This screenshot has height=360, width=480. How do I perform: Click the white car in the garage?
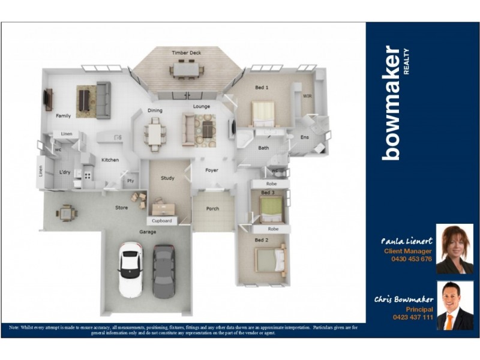[130, 269]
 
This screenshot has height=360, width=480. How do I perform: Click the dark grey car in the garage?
[163, 271]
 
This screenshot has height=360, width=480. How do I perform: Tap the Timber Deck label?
[186, 53]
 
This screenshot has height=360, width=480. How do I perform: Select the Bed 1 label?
[262, 88]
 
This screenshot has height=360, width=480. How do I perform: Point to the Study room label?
[167, 178]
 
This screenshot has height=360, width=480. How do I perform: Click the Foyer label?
[211, 170]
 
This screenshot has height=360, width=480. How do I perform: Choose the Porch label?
[212, 209]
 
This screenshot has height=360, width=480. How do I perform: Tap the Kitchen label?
[110, 160]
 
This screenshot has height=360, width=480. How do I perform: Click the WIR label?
[307, 96]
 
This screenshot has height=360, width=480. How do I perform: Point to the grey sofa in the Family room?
[103, 100]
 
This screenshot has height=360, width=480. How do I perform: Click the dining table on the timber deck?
[187, 70]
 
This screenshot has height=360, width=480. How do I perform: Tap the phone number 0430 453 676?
[411, 259]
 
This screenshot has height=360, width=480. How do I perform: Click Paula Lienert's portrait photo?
[454, 249]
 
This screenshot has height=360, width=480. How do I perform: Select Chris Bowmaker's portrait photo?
[454, 305]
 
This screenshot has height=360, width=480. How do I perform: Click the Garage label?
[148, 232]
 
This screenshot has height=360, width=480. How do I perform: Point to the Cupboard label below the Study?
[161, 221]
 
